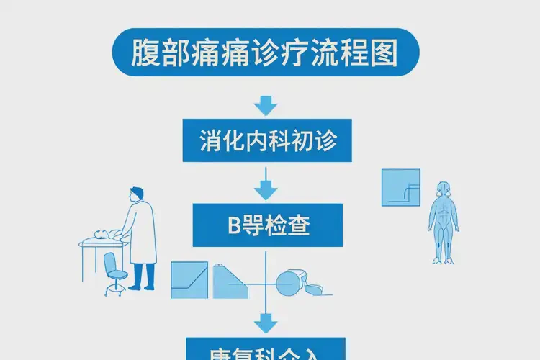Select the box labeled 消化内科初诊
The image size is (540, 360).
(266, 140)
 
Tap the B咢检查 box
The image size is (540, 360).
(266, 225)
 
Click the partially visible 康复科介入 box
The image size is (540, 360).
(266, 349)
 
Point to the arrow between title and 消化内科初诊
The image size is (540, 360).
(266, 106)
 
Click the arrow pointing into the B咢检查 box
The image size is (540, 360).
(266, 189)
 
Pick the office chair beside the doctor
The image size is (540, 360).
(113, 272)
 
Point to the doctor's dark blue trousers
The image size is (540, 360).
(143, 274)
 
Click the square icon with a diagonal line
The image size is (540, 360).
(189, 280)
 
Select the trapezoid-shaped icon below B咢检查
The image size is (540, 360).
(230, 281)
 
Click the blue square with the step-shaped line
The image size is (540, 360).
(400, 188)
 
